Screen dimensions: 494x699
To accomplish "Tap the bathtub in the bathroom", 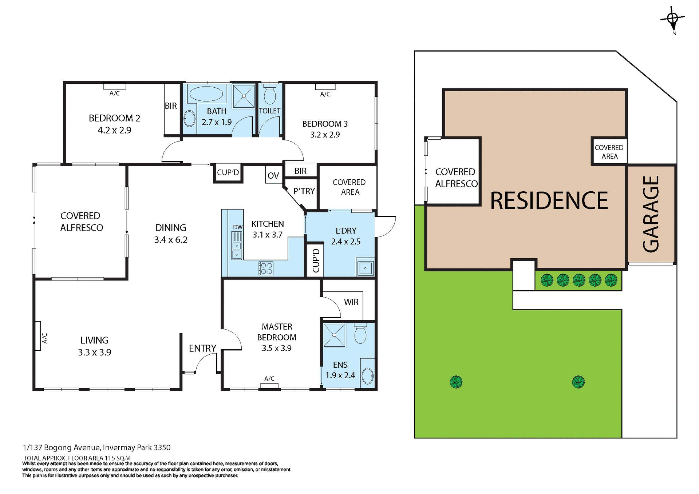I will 206,94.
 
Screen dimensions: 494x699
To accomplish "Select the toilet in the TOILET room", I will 269,95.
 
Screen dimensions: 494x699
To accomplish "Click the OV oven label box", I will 273,175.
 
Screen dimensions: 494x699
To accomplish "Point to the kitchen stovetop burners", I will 266,268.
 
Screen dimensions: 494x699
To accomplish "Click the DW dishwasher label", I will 238,227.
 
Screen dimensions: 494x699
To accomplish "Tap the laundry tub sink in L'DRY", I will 365,268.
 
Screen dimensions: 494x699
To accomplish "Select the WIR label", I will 351,302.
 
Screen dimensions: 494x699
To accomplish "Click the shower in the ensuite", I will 334,335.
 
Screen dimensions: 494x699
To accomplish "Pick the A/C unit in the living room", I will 37,336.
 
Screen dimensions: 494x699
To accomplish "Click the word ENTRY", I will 202,348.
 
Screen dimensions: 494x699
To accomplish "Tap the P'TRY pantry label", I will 304,191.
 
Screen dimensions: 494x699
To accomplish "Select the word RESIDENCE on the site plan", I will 549,200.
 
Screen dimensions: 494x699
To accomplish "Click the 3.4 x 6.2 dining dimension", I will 170,240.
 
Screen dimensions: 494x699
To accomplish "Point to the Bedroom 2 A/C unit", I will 114,87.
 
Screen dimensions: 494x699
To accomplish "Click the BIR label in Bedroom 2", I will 171,106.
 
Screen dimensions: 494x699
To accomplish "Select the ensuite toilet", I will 360,334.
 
